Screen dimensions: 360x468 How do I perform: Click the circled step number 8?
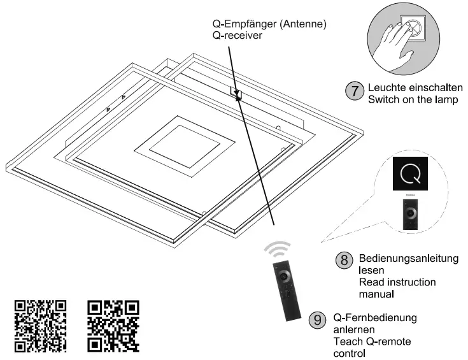(x=344, y=261)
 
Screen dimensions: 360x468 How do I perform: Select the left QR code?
(x=40, y=326)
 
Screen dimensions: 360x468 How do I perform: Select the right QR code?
(x=113, y=326)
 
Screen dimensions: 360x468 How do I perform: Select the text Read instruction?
(x=397, y=282)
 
